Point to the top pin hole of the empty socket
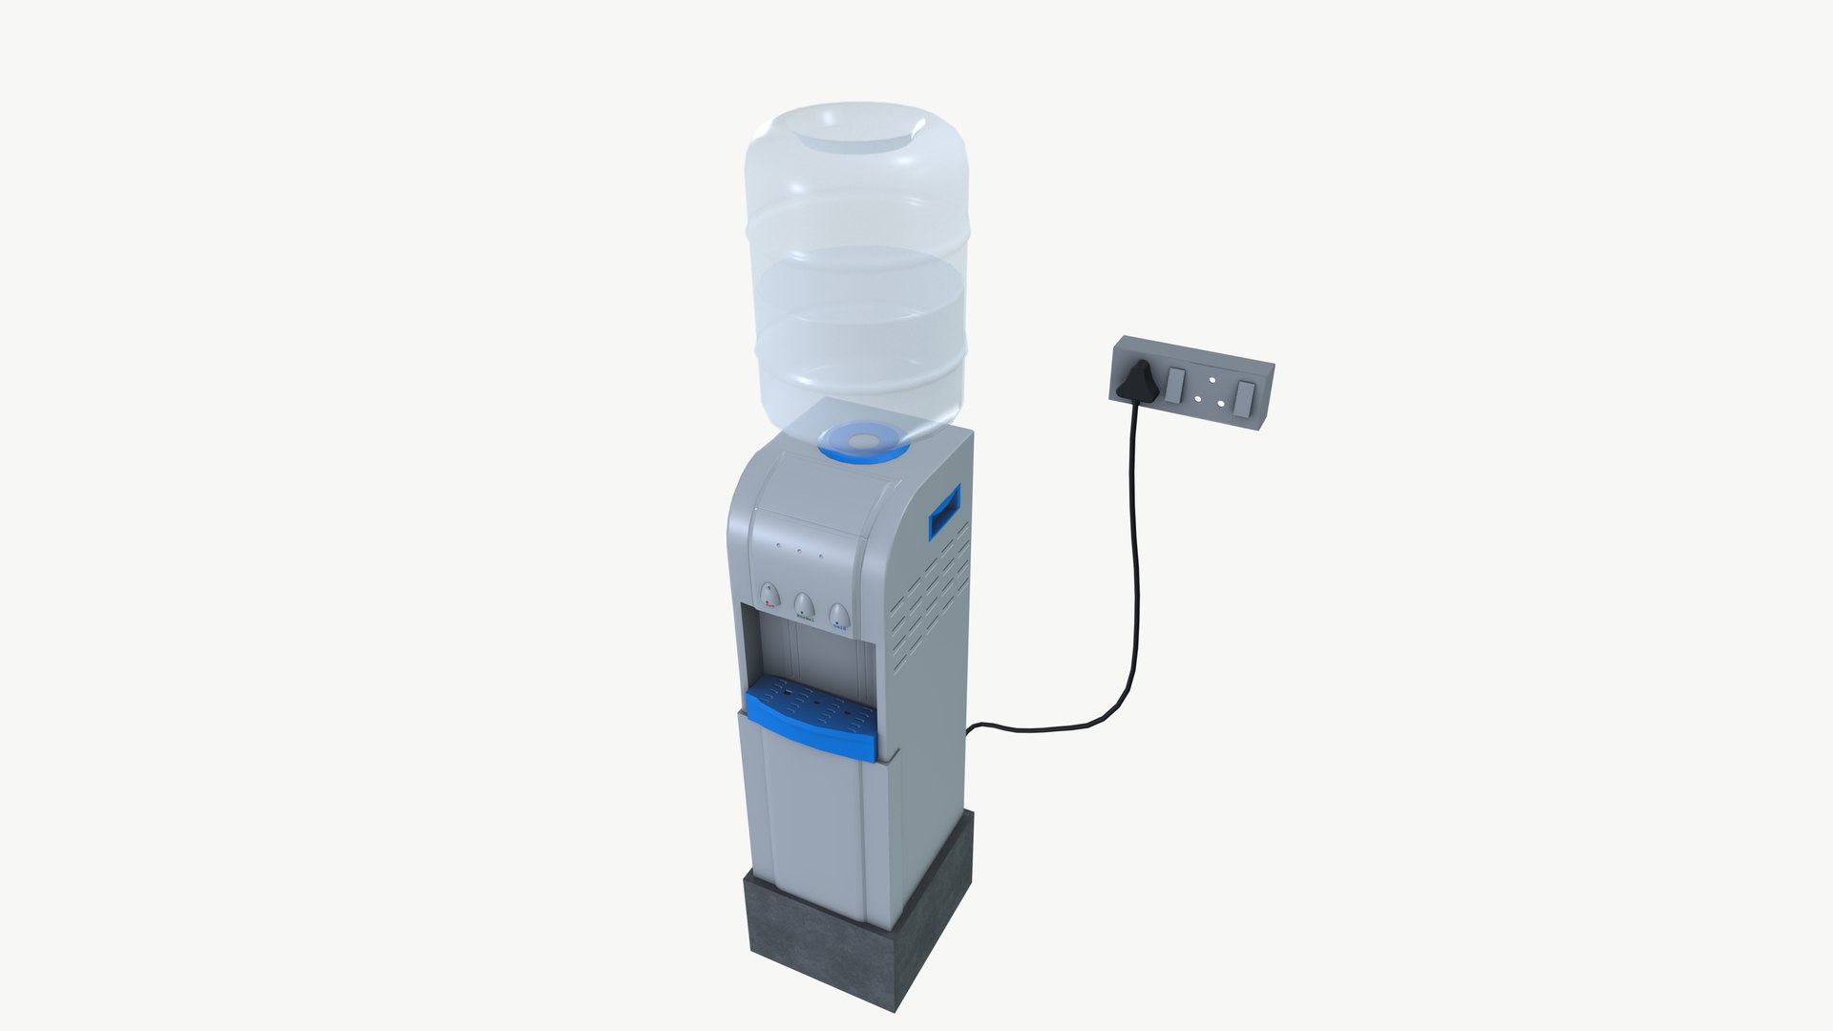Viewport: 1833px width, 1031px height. (x=1212, y=380)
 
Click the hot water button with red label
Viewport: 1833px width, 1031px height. (x=769, y=599)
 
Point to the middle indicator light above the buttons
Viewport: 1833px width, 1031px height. (x=800, y=550)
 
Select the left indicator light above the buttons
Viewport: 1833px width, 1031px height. (x=779, y=547)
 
